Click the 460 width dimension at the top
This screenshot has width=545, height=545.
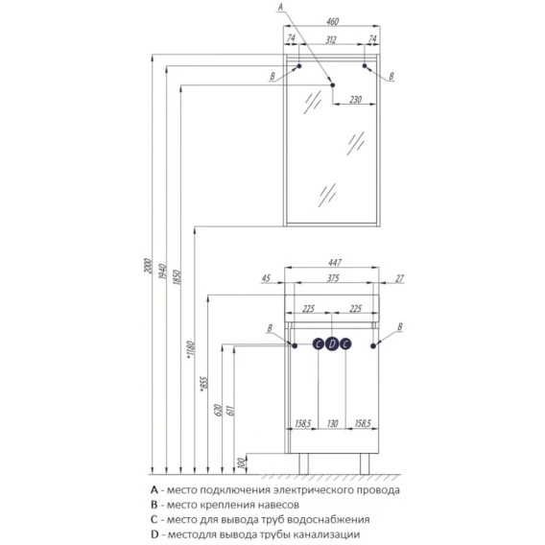pyautogui.click(x=332, y=21)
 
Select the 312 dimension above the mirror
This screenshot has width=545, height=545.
pyautogui.click(x=331, y=40)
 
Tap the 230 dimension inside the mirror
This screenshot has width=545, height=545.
pyautogui.click(x=355, y=100)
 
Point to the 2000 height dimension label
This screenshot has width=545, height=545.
pyautogui.click(x=149, y=266)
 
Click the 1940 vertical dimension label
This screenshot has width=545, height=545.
pyautogui.click(x=162, y=272)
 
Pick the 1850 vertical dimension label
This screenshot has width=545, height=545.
pyautogui.click(x=177, y=277)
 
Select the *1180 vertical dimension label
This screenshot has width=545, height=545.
pyautogui.click(x=191, y=349)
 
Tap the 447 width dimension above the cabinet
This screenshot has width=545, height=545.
pyautogui.click(x=334, y=263)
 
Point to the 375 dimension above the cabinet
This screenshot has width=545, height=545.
pyautogui.click(x=333, y=278)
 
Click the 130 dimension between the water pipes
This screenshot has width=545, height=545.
pyautogui.click(x=332, y=423)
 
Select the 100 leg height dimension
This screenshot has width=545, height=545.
pyautogui.click(x=242, y=462)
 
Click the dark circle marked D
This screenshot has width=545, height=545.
pyautogui.click(x=332, y=344)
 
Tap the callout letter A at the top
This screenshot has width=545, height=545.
pyautogui.click(x=280, y=7)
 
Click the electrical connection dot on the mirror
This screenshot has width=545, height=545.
pyautogui.click(x=333, y=84)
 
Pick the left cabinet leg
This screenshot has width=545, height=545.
pyautogui.click(x=303, y=463)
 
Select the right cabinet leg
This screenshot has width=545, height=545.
pyautogui.click(x=365, y=463)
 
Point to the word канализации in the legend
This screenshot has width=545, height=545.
pyautogui.click(x=326, y=534)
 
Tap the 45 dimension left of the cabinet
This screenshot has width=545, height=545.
pyautogui.click(x=266, y=278)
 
